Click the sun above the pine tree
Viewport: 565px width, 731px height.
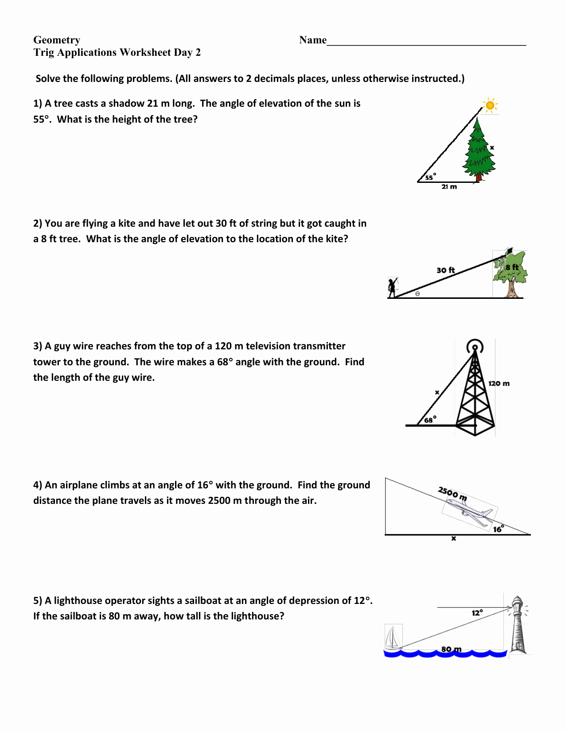tap(490, 105)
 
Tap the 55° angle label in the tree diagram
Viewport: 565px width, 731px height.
tap(429, 177)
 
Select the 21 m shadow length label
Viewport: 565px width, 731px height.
tap(449, 187)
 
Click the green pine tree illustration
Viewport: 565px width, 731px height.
tap(479, 148)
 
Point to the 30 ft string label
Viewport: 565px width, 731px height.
tap(445, 270)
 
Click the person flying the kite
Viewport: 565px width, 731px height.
tap(392, 288)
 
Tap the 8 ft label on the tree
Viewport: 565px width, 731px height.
tap(512, 267)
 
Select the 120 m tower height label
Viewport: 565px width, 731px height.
tap(499, 383)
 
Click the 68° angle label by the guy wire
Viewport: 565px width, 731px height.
tap(430, 420)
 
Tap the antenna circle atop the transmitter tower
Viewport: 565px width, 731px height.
tap(475, 346)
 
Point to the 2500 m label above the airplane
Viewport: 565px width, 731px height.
tap(452, 493)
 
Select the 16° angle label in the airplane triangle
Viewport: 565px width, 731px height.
tap(498, 529)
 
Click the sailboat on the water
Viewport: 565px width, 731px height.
tap(393, 638)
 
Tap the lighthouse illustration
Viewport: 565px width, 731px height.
tap(518, 624)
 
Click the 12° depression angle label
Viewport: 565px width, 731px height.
tap(477, 613)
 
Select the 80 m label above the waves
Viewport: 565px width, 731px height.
tap(451, 649)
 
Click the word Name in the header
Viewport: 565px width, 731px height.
tap(313, 40)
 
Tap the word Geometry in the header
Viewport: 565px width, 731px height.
tap(57, 40)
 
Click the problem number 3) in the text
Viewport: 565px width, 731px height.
tap(38, 346)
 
